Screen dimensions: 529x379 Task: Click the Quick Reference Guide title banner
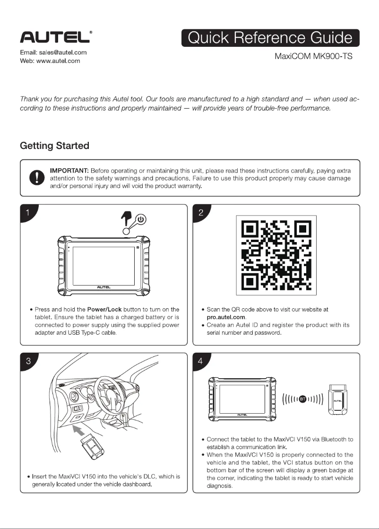coord(270,38)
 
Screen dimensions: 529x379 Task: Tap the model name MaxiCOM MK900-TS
coord(314,56)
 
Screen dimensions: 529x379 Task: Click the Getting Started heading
coord(54,145)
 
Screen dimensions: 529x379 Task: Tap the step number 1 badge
coord(28,212)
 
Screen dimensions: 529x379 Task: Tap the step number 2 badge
coord(201,212)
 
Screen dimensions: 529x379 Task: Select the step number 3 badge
coord(28,361)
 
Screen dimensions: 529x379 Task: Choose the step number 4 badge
coord(201,361)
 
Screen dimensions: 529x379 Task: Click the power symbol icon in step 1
coord(142,219)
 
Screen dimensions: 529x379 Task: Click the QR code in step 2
coord(276,256)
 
